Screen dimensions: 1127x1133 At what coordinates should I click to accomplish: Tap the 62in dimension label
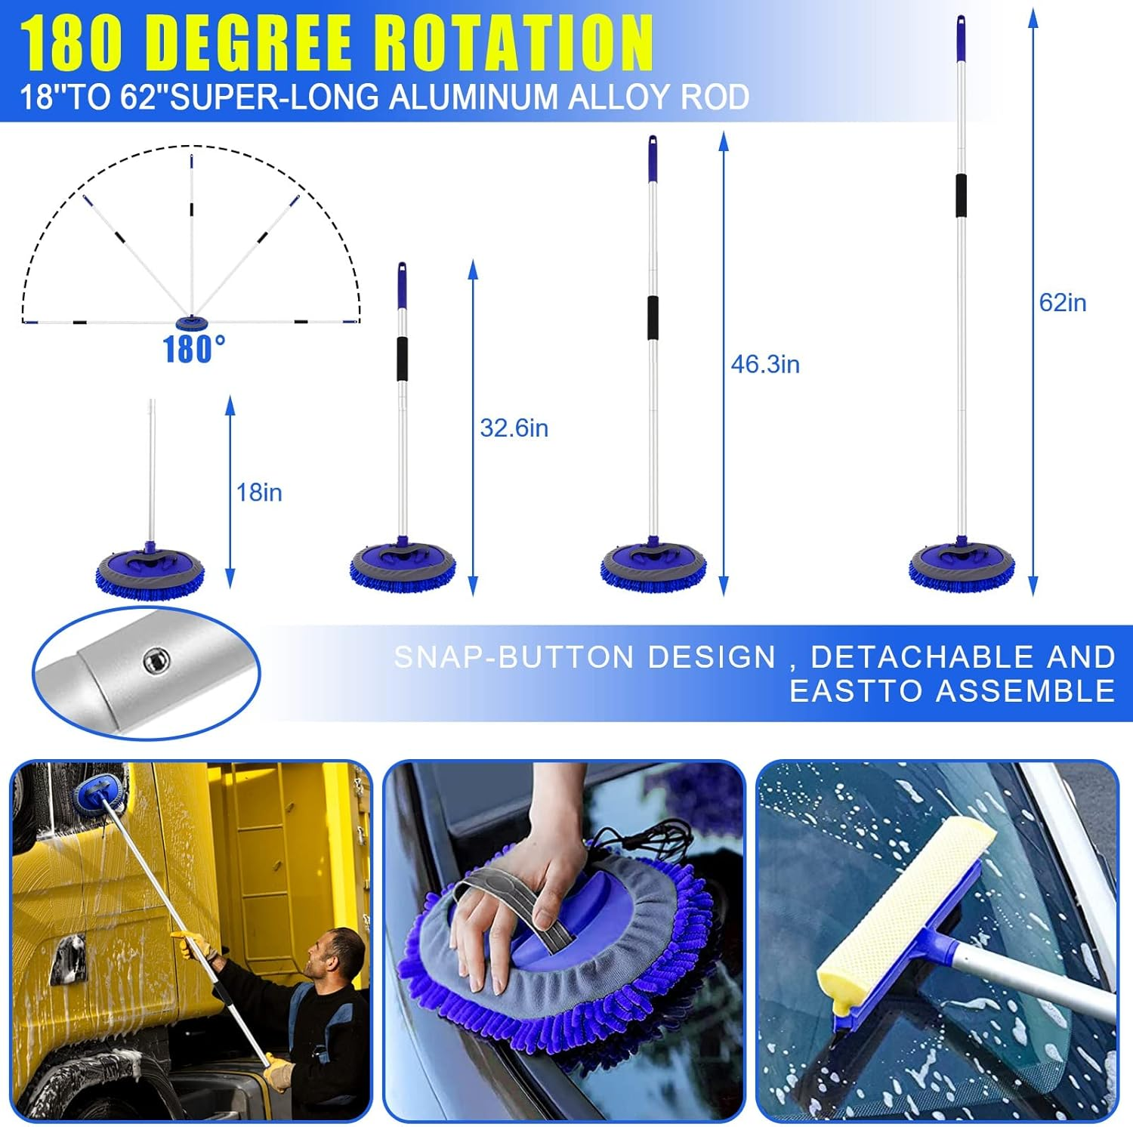point(1062,303)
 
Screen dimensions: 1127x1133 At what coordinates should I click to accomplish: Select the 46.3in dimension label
point(764,364)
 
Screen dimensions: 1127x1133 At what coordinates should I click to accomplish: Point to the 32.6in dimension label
point(514,428)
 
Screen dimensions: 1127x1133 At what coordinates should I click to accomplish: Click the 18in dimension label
point(259,492)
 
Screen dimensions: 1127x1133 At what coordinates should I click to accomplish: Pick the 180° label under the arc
point(193,350)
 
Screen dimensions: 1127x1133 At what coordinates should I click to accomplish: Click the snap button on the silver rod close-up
point(156,662)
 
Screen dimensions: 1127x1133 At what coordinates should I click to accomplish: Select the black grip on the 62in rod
point(961,196)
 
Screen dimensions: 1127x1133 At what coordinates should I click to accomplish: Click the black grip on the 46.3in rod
point(653,317)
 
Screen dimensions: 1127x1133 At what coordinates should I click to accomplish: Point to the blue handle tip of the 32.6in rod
point(402,286)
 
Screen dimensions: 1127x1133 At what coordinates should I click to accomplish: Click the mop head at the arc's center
point(192,323)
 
